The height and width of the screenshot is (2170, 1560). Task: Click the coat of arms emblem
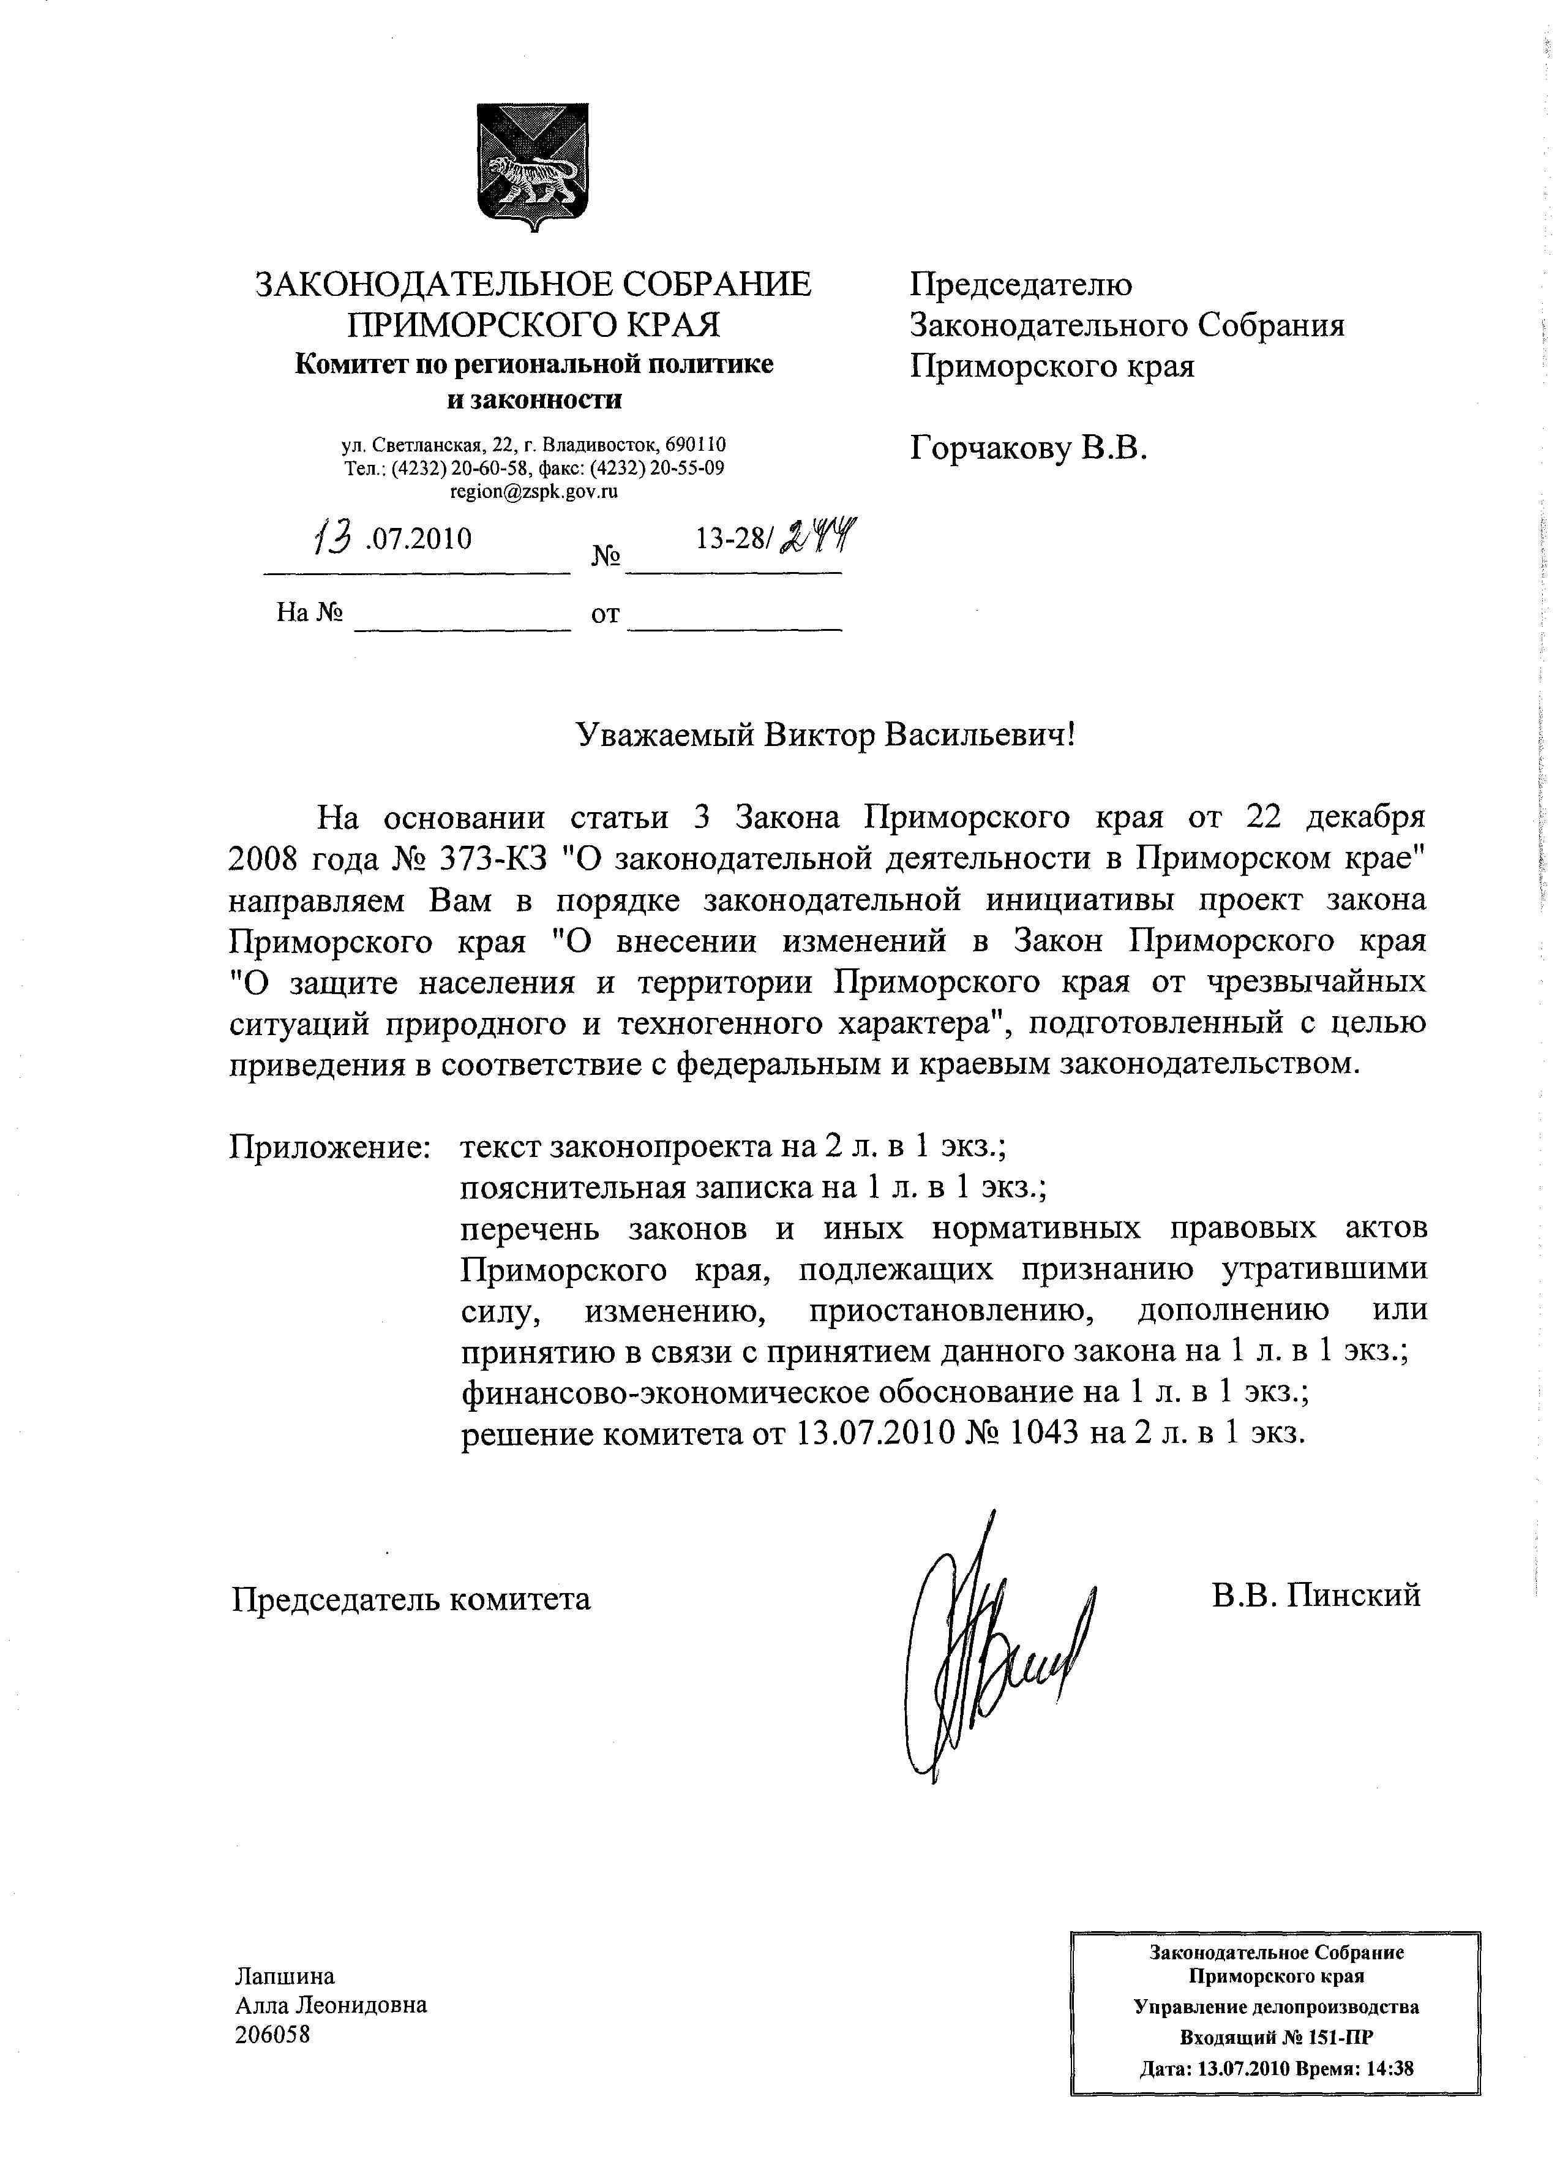533,167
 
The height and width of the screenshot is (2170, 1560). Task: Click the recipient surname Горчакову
990,447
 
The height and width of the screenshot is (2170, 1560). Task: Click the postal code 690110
696,445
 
